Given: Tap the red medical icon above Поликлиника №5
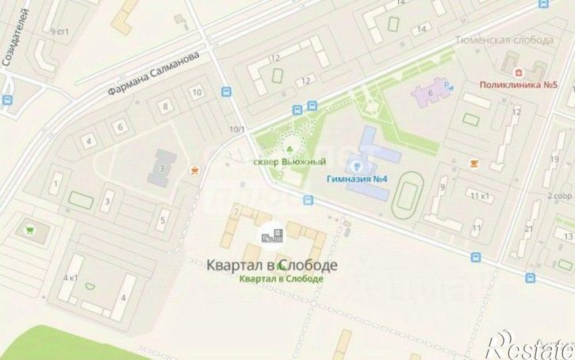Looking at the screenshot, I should coord(509,70).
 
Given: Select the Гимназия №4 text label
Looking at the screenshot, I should coord(356,178).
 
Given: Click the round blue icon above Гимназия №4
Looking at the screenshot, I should coord(358,166).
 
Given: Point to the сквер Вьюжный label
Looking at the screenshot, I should coord(289,162).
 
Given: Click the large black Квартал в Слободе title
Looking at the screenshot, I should coord(271,265).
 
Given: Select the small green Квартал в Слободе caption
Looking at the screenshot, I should coord(281,279).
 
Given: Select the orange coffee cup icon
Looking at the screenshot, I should coord(475,163).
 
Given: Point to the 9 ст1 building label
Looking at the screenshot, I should coord(59,32).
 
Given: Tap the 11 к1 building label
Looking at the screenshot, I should coord(477,196).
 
